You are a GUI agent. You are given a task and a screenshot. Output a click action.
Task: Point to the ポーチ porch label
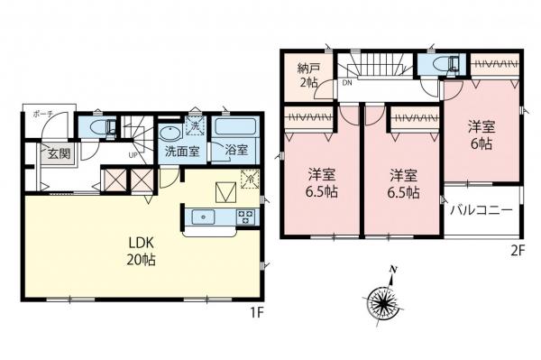(x=41, y=115)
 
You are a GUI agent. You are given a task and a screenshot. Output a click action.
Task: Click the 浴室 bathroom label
(x=237, y=151)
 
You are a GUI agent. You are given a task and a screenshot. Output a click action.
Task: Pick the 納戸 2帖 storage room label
(x=310, y=75)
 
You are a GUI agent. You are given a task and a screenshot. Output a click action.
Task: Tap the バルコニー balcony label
(x=481, y=210)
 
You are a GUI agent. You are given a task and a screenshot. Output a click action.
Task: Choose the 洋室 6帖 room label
(x=479, y=136)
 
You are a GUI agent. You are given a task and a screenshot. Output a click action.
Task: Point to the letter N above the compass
(x=392, y=269)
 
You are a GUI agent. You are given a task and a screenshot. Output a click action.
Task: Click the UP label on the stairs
(x=133, y=154)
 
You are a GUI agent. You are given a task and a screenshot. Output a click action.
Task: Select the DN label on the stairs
(x=347, y=80)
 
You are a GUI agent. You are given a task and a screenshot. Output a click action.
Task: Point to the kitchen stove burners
(x=245, y=217)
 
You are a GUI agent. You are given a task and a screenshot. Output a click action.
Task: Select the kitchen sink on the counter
(x=204, y=217)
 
